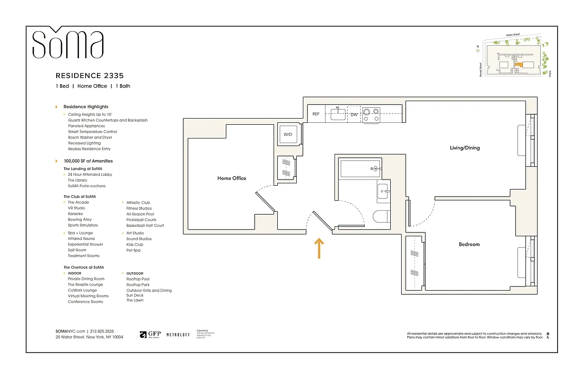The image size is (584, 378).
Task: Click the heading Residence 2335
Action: (x=90, y=76)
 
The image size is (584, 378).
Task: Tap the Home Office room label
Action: (x=232, y=178)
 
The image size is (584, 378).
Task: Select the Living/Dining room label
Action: (x=464, y=148)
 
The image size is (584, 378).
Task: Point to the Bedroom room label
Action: (x=469, y=244)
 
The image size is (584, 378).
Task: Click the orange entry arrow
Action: (x=319, y=249)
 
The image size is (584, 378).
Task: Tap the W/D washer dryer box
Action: (x=288, y=135)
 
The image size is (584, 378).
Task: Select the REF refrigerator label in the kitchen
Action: (x=316, y=114)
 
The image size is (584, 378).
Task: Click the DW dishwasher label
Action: (x=354, y=114)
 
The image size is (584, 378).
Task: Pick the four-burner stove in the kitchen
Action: (x=371, y=115)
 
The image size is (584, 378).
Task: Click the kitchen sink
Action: (x=338, y=114)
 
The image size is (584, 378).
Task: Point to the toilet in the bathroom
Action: (x=380, y=216)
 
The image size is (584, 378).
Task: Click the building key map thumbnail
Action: (x=514, y=59)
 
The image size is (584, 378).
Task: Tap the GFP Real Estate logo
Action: (x=150, y=335)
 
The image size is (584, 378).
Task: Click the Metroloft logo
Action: (x=178, y=335)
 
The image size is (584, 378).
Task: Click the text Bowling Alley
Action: (x=80, y=220)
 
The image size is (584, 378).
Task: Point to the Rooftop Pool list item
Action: (x=138, y=279)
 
